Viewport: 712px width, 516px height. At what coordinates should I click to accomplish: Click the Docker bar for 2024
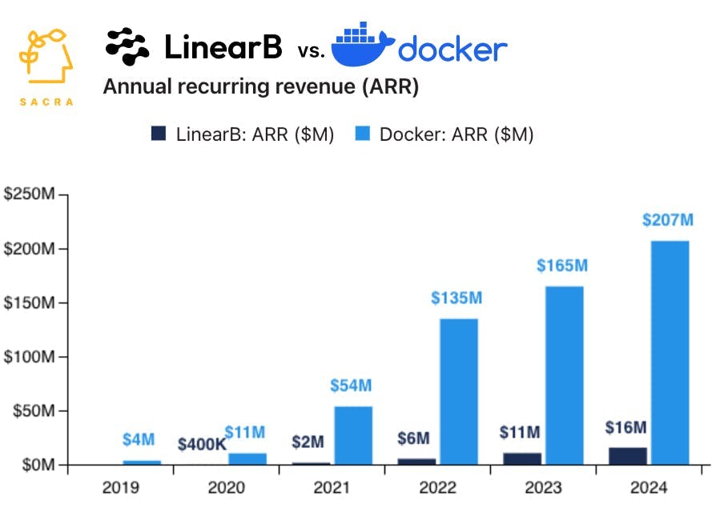click(670, 352)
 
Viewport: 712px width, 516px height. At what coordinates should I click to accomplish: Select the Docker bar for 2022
click(459, 391)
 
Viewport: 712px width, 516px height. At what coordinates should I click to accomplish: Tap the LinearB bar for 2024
click(627, 456)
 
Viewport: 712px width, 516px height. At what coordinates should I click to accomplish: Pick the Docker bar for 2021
click(353, 435)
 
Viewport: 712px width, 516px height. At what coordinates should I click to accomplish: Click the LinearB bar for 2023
click(522, 458)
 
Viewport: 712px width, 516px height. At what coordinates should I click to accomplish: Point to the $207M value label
click(669, 221)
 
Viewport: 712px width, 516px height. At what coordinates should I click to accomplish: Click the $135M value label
click(457, 298)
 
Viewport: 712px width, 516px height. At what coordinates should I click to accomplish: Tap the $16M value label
click(626, 427)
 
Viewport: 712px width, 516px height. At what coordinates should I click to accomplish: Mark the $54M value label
click(352, 386)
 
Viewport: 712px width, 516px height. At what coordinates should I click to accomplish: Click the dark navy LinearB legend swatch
click(159, 134)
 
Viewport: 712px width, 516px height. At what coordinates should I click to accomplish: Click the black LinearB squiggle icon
click(127, 46)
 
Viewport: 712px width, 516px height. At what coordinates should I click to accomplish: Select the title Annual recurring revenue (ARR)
click(261, 87)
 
